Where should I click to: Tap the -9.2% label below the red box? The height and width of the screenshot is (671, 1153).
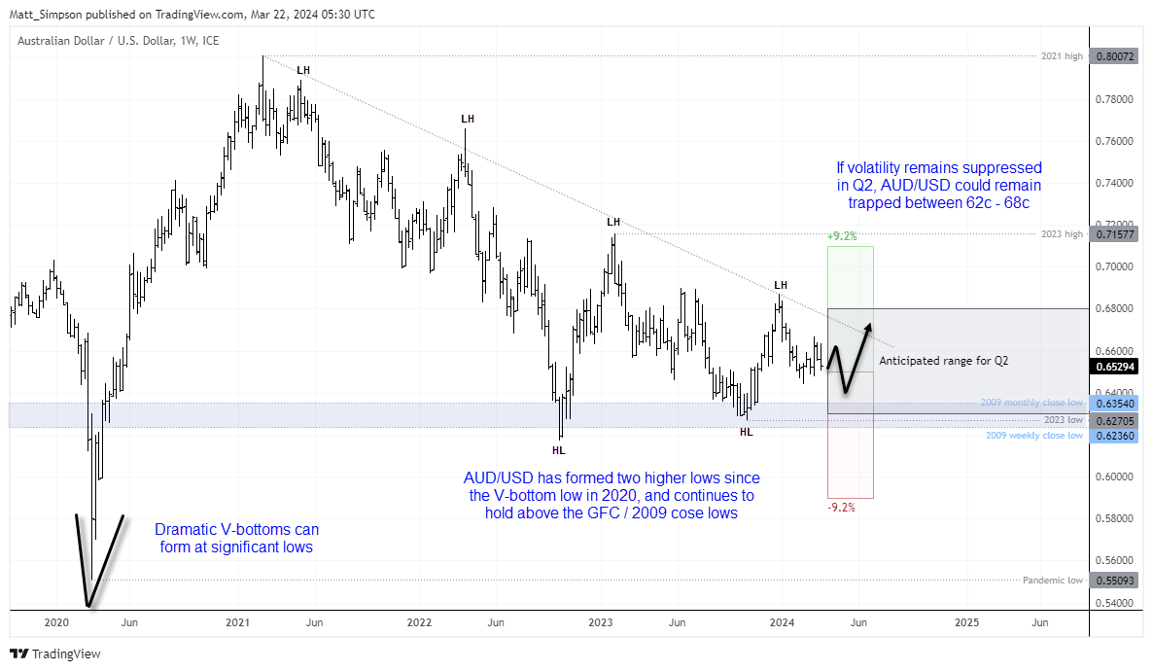point(842,507)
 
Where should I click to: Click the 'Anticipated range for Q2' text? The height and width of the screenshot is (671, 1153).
point(943,361)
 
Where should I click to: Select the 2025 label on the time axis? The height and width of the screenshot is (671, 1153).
point(966,621)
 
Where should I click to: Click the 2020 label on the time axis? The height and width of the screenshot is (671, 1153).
point(56,621)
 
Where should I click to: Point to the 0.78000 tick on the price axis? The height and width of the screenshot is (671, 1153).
point(1112,99)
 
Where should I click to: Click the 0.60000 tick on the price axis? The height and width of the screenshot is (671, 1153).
point(1112,477)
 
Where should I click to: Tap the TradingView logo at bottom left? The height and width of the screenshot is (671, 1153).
point(55,654)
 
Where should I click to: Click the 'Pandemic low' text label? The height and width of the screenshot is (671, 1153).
point(1052,581)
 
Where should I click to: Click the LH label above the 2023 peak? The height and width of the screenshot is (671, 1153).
point(613,222)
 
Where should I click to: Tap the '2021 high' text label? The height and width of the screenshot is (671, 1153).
point(1061,57)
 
